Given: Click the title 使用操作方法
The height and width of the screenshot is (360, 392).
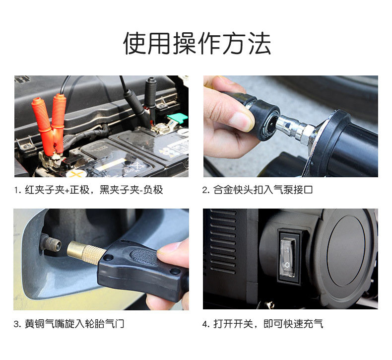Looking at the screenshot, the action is (x=197, y=43).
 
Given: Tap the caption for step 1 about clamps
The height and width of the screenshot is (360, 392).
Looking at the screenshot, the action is (x=88, y=190).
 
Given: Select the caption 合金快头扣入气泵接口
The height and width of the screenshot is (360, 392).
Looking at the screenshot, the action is (x=258, y=190).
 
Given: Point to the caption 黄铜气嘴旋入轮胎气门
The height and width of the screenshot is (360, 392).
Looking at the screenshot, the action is (x=69, y=324).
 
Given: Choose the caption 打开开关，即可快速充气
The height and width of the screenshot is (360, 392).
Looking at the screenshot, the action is (x=263, y=324).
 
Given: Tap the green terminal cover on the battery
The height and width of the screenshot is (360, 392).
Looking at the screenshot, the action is (x=178, y=118).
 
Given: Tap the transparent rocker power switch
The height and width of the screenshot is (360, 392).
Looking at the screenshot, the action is (x=287, y=258).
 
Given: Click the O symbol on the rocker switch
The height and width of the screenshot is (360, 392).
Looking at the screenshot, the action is (x=287, y=265).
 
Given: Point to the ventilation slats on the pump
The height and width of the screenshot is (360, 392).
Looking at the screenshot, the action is (x=223, y=243).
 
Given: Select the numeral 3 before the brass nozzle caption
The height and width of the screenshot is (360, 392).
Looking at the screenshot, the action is (x=17, y=324).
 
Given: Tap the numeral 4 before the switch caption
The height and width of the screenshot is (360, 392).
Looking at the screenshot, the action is (x=205, y=324).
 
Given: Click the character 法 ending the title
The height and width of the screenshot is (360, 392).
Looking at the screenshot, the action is (x=260, y=43).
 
